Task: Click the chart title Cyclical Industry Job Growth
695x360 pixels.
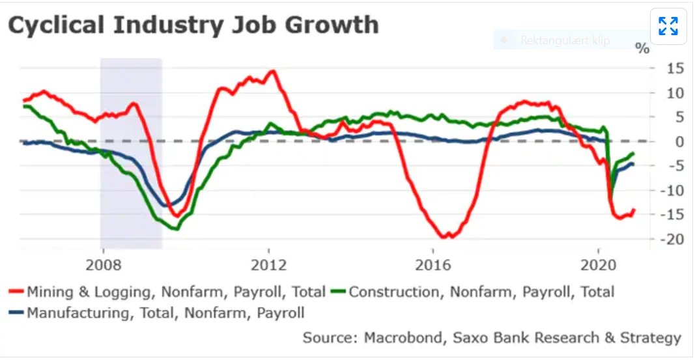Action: [x=193, y=25]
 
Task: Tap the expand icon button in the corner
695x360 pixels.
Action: [x=668, y=26]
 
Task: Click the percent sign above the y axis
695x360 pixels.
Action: [x=642, y=48]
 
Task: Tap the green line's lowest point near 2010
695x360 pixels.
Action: [x=175, y=228]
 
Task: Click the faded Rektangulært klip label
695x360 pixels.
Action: [x=564, y=40]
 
